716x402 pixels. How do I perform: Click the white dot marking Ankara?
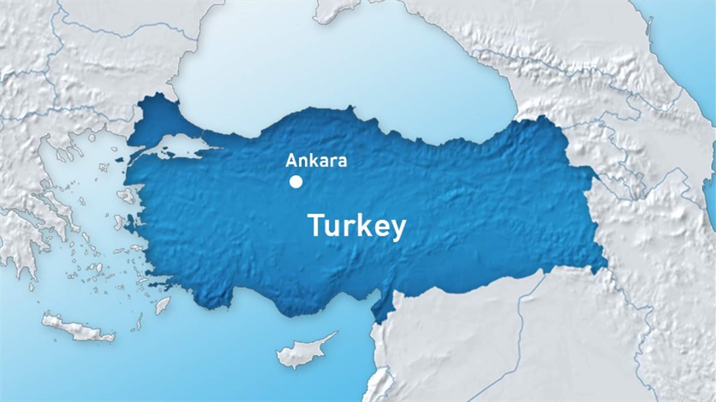[x=296, y=182]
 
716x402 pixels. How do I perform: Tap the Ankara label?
[x=316, y=161]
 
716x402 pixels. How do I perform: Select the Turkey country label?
[x=356, y=226]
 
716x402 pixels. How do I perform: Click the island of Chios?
[x=119, y=222]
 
